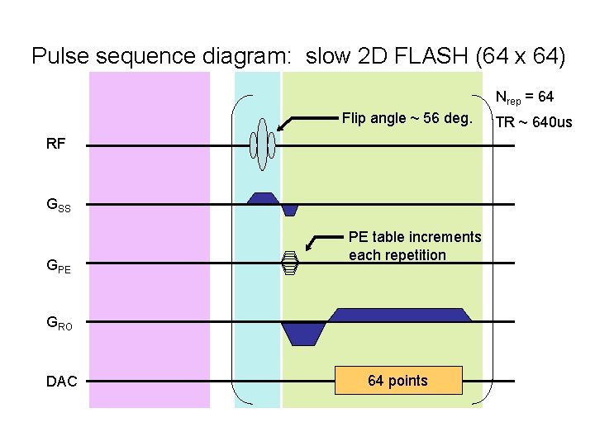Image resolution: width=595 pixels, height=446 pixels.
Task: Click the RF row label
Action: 56,144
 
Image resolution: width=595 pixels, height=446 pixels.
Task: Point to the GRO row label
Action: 59,325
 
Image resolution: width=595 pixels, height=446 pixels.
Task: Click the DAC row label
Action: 62,382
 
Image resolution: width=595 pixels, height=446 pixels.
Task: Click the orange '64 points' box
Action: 397,380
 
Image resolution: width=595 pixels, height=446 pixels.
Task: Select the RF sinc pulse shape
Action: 263,145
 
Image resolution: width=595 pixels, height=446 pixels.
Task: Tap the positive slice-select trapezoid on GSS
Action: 264,198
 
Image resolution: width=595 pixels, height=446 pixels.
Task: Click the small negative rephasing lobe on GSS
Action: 289,210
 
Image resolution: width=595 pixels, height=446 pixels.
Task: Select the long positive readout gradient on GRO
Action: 400,315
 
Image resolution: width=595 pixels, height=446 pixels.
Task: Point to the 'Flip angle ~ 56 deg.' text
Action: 407,118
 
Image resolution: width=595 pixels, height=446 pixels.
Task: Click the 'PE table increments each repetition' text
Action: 414,246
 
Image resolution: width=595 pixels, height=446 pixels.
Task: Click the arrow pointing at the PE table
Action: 323,242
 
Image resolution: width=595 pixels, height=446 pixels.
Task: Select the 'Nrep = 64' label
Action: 524,97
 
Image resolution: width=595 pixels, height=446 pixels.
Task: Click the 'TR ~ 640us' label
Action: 533,122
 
